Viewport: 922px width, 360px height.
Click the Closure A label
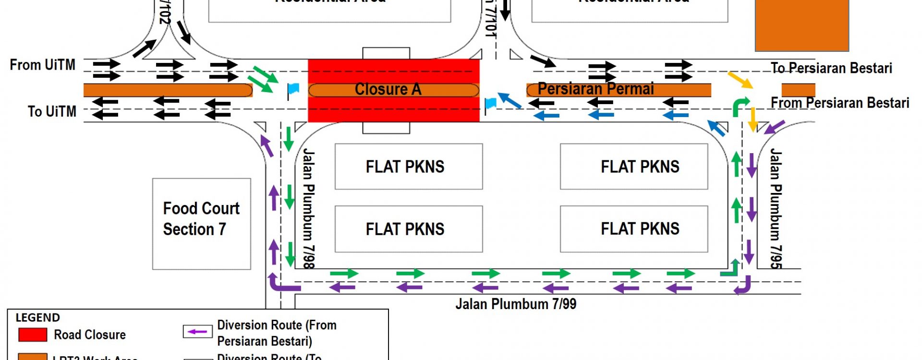click(x=388, y=89)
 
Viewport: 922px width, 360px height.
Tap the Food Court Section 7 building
click(x=201, y=224)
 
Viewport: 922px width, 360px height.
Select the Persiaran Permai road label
click(x=595, y=89)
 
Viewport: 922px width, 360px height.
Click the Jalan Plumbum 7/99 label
click(x=516, y=304)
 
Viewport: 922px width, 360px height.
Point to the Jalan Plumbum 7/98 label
click(x=308, y=208)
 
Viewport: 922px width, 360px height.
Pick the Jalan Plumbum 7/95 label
click(x=776, y=208)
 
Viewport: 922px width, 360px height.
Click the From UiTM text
click(x=43, y=65)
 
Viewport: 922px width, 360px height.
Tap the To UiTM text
click(x=52, y=111)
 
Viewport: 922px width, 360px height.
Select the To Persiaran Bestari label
click(x=831, y=68)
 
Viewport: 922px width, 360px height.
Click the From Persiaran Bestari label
click(x=840, y=103)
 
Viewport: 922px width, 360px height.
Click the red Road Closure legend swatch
click(x=33, y=335)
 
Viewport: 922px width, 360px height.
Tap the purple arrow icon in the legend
click(x=197, y=332)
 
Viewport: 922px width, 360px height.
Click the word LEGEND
click(x=38, y=318)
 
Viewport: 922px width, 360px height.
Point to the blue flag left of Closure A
click(x=292, y=89)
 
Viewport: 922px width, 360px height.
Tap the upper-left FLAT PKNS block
click(x=409, y=167)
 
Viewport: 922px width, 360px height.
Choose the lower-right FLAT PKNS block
click(x=634, y=229)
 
